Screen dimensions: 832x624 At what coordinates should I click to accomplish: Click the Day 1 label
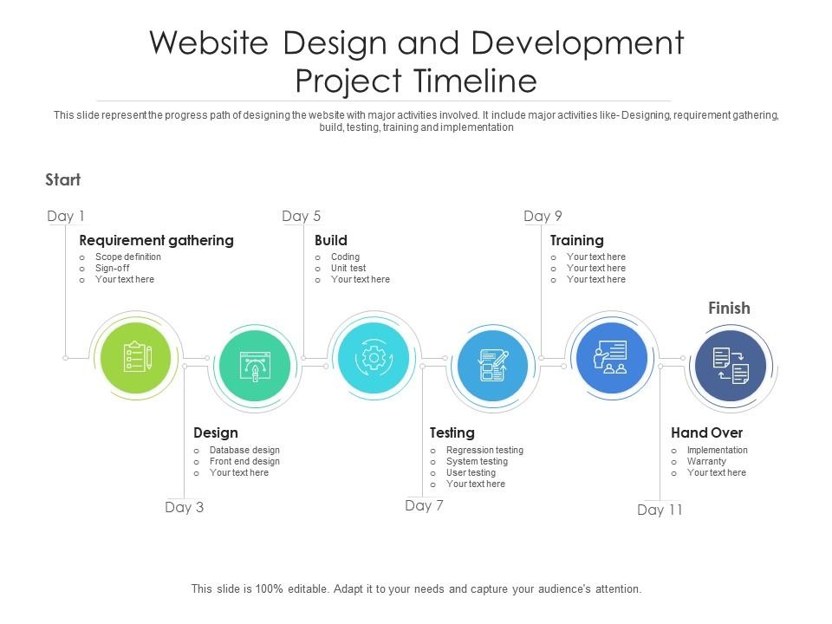[66, 216]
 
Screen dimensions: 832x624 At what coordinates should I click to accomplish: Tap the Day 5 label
[302, 216]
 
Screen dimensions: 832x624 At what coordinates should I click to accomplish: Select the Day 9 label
[543, 216]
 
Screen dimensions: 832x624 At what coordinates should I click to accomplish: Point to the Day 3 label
[184, 507]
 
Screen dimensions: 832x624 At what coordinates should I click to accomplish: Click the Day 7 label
[424, 505]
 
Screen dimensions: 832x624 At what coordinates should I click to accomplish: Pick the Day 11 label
[660, 510]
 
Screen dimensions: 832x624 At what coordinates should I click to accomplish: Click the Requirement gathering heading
[157, 240]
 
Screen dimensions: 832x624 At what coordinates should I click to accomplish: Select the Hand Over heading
[707, 432]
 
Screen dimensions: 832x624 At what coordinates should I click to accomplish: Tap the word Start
[63, 180]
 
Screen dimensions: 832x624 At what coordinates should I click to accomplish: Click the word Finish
[729, 309]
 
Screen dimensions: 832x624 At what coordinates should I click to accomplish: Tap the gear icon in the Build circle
[374, 359]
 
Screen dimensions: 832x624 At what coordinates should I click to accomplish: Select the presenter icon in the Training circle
[611, 356]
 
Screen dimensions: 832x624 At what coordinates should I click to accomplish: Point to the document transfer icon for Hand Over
[731, 366]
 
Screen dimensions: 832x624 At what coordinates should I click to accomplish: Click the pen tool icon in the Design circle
[255, 366]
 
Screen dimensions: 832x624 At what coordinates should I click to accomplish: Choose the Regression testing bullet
[485, 450]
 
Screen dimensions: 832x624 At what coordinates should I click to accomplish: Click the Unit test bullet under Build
[348, 268]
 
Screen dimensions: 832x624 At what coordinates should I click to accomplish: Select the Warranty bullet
[706, 461]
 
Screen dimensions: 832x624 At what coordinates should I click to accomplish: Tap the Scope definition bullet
[128, 257]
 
